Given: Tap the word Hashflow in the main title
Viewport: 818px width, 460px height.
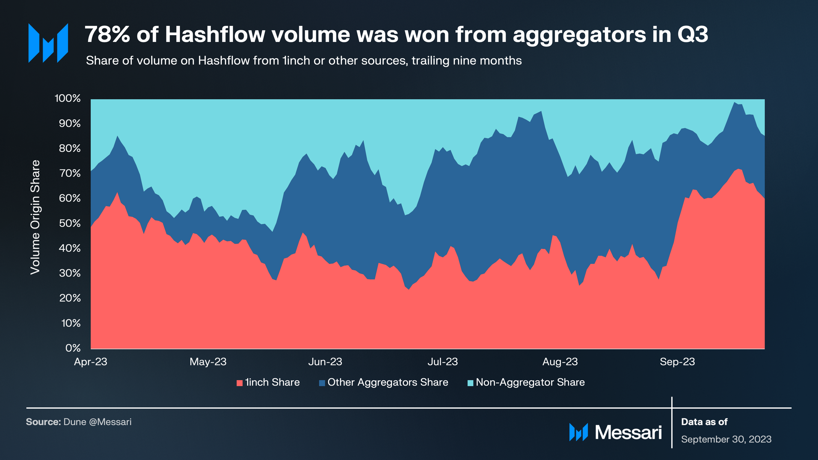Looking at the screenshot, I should point(215,34).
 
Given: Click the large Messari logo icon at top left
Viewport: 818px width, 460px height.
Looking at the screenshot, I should point(48,43).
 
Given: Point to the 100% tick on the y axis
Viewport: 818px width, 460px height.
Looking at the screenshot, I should point(68,98).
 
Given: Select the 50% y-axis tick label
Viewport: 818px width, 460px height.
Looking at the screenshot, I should point(70,223).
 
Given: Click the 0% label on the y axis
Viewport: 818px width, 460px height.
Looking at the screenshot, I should point(73,348).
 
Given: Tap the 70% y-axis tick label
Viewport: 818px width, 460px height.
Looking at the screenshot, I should point(70,173).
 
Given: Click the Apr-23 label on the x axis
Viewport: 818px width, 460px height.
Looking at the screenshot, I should point(91,362).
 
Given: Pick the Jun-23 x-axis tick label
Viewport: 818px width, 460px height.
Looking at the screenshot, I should point(325,362).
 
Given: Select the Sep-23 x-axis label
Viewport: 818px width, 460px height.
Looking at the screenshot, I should point(677,362).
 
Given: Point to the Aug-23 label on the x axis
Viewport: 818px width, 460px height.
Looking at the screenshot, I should point(560,362).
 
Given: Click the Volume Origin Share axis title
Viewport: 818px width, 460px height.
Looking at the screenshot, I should point(35,217).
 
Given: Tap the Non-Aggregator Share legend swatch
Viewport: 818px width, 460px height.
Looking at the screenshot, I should point(470,383).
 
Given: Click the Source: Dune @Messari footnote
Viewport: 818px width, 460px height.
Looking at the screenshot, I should point(79,422).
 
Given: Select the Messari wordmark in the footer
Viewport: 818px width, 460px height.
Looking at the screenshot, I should point(628,433).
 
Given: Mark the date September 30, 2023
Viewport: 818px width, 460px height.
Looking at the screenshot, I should point(726,439).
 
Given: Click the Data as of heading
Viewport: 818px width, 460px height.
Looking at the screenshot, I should point(704,422).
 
